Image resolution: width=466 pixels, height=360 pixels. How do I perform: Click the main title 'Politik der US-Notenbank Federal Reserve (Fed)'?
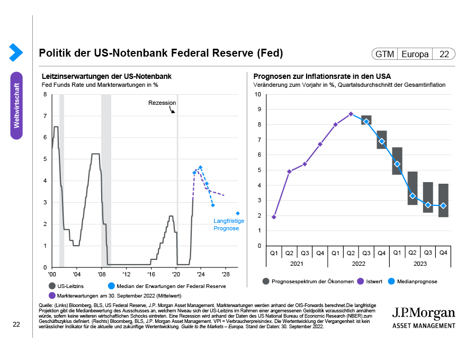click(x=161, y=53)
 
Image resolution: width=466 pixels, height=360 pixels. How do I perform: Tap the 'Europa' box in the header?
click(x=415, y=54)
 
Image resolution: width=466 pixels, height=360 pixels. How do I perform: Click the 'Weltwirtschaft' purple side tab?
click(x=17, y=105)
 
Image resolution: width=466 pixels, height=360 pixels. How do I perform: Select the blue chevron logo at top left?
click(x=16, y=52)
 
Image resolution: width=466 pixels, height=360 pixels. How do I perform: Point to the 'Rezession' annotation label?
click(x=162, y=103)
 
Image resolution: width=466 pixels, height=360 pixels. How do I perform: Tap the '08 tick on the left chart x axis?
click(x=101, y=274)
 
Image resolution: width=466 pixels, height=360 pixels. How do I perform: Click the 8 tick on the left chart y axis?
click(x=45, y=95)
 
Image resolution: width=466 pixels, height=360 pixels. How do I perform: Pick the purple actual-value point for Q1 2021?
click(x=274, y=217)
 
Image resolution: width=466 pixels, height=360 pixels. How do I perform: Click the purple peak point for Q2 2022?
click(x=351, y=114)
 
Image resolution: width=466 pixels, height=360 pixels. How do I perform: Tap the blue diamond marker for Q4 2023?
click(x=443, y=206)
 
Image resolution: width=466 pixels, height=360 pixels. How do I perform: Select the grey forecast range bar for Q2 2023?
click(x=413, y=188)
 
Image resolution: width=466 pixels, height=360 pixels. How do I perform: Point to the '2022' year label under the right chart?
click(x=359, y=263)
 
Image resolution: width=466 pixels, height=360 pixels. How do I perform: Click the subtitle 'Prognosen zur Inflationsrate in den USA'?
click(x=322, y=76)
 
